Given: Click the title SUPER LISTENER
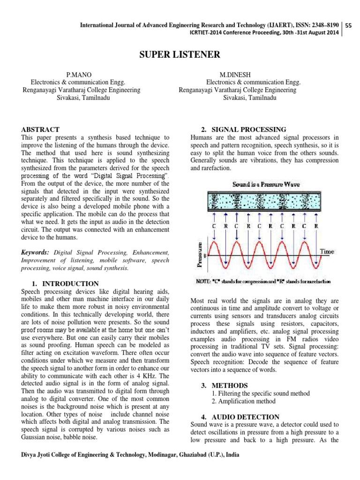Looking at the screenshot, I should [180, 55].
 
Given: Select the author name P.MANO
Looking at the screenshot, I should [78, 75].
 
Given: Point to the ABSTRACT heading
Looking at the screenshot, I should [41, 129].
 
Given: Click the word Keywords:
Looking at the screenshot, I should [36, 253].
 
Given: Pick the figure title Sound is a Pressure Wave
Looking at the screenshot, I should [266, 184].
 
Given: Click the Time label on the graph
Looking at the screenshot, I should [327, 252].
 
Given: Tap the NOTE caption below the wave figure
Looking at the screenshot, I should [262, 282].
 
